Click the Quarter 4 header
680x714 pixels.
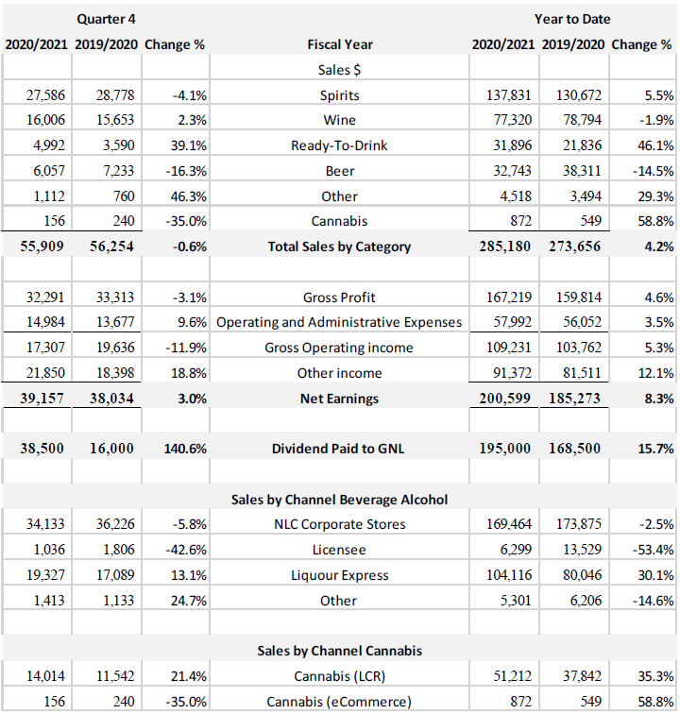pyautogui.click(x=105, y=19)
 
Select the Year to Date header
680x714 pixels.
pyautogui.click(x=571, y=19)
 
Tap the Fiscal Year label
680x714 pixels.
pyautogui.click(x=339, y=44)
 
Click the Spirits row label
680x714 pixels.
pyautogui.click(x=339, y=95)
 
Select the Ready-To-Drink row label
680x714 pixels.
pyautogui.click(x=339, y=146)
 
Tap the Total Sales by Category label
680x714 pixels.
pyautogui.click(x=339, y=246)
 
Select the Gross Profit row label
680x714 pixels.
pyautogui.click(x=339, y=297)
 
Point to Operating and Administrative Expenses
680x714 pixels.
pyautogui.click(x=339, y=322)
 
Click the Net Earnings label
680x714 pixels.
pyautogui.click(x=339, y=399)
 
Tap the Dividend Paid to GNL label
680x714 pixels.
pyautogui.click(x=339, y=449)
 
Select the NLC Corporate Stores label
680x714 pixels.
pyautogui.click(x=339, y=524)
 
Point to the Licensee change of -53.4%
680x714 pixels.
pyautogui.click(x=651, y=550)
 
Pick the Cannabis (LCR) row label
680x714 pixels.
pyautogui.click(x=339, y=676)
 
